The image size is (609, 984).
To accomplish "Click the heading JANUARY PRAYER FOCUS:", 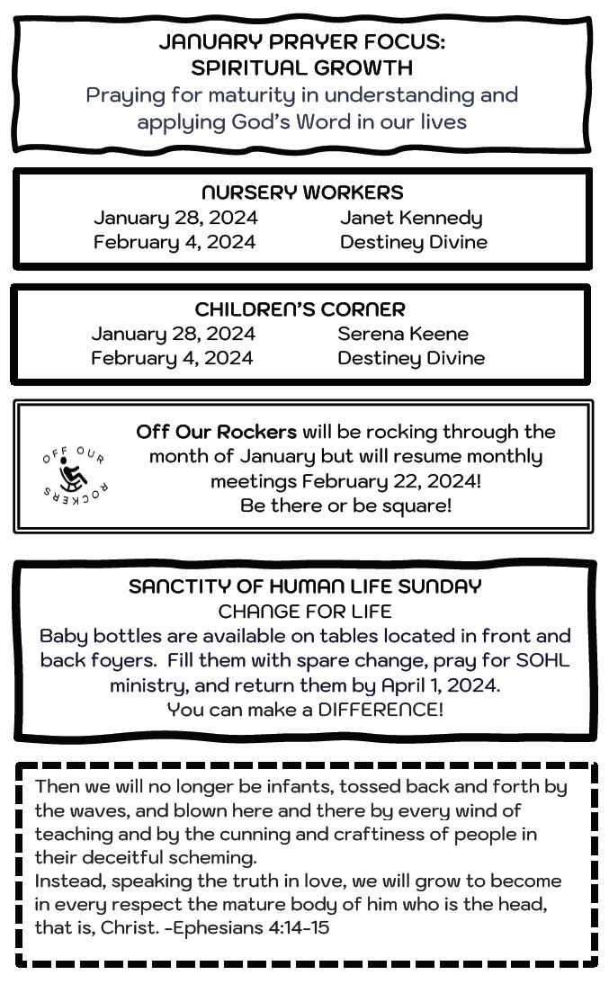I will point(302,42).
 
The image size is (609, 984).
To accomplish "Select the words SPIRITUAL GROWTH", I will point(302,67).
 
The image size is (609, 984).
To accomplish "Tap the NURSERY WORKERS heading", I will point(302,192).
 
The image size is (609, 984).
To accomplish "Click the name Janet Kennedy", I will point(411,218).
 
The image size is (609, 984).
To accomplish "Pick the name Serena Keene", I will point(403,334).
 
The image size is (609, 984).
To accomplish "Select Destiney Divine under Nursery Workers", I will point(414,242).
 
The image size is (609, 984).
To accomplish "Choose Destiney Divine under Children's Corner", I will point(411,358).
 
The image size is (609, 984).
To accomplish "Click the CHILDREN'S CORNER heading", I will point(300,309).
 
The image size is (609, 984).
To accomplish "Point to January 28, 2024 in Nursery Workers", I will point(175,218).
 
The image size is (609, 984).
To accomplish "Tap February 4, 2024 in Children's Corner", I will point(172,358).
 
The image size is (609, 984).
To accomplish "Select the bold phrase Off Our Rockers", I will point(217,432).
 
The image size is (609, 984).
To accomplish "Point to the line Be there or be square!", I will point(346,505).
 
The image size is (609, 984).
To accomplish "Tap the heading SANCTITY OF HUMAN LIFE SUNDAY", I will point(305,586).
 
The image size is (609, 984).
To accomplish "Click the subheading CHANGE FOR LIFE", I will point(305,612).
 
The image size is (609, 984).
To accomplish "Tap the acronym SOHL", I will point(542,660).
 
